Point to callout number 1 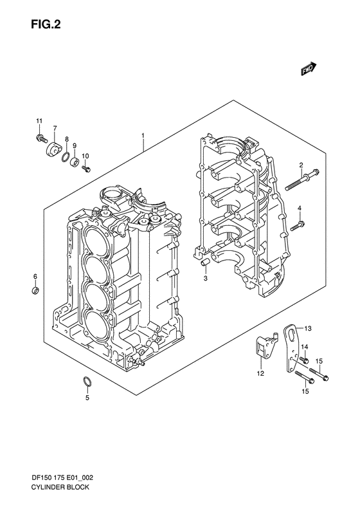coord(143,136)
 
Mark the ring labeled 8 coord(66,157)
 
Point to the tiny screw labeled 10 coord(86,169)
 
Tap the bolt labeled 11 coord(39,137)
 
